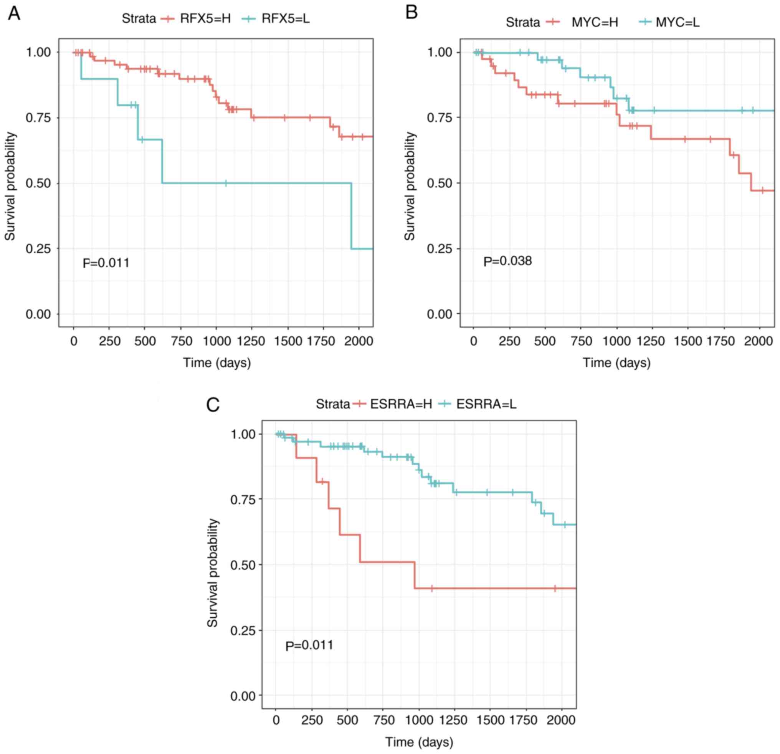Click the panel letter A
point(14,14)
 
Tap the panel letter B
point(411,12)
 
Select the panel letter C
point(213,405)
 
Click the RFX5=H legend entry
point(205,19)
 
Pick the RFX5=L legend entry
point(285,19)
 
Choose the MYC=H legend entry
point(595,22)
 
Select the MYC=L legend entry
point(678,22)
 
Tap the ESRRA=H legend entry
point(401,404)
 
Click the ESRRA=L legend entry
point(486,404)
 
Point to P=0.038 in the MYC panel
point(507,261)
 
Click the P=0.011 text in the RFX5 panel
point(106,263)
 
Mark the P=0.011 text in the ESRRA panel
point(309,645)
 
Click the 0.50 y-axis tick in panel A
point(38,184)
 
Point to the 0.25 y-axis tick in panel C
point(243,630)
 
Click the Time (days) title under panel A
point(217,363)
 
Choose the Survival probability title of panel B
point(410,186)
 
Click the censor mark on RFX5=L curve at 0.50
point(226,183)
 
